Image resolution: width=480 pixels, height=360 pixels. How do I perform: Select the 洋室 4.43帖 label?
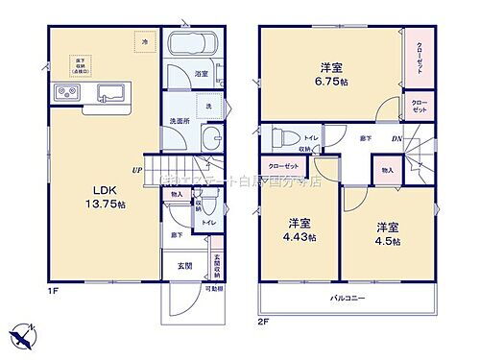(x=300, y=230)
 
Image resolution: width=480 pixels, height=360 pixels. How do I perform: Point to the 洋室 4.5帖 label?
(x=388, y=231)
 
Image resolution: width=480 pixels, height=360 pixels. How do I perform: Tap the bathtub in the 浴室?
(x=193, y=47)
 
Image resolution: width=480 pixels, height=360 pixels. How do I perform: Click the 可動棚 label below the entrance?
(x=213, y=288)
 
